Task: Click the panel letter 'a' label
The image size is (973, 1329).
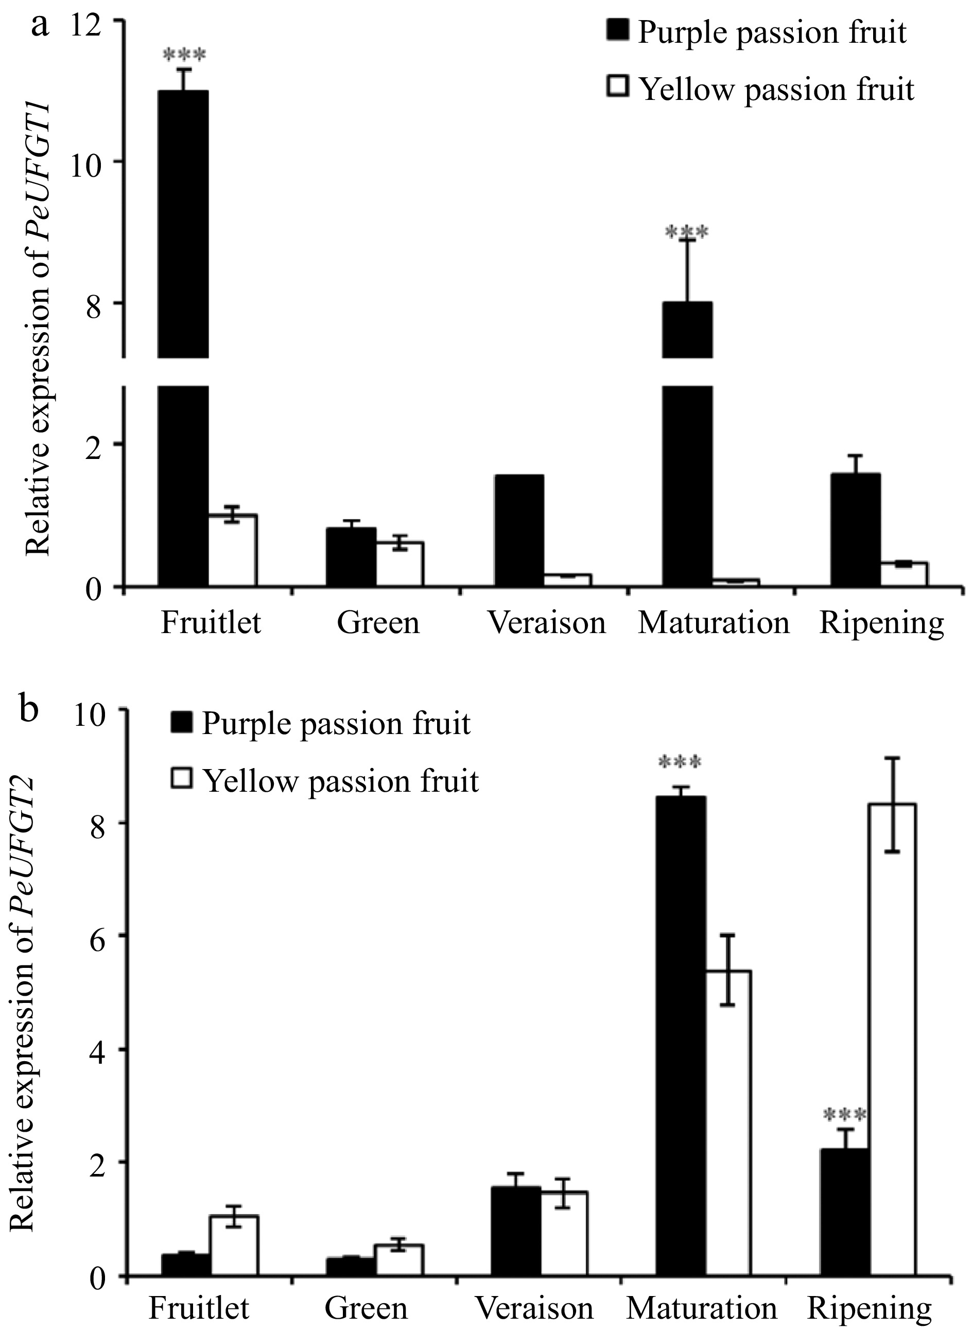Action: [x=40, y=26]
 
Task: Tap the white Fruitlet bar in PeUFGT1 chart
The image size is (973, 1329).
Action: [x=233, y=551]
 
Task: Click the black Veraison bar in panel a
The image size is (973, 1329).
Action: [x=519, y=530]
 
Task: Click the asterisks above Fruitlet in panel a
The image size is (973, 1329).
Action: [x=184, y=56]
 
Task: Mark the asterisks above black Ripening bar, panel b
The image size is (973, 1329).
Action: [x=845, y=1115]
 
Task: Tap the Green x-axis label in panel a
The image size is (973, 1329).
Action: [x=378, y=623]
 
